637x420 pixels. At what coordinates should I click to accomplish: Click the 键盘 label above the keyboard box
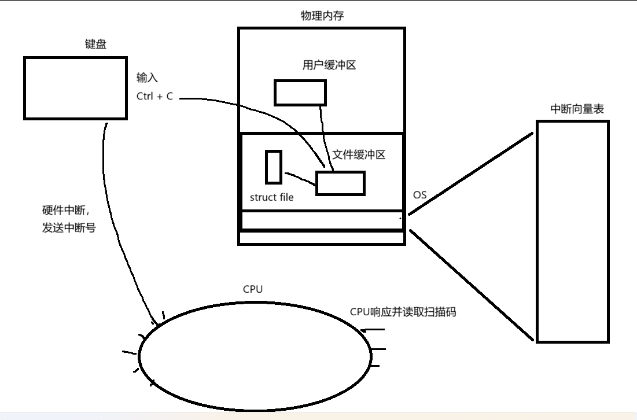click(x=95, y=45)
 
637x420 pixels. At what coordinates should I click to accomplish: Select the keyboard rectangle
click(x=75, y=88)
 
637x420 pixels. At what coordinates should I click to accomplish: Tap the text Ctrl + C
click(x=154, y=97)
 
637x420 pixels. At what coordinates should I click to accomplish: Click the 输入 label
click(x=147, y=78)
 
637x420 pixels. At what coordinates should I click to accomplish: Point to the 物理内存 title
click(x=322, y=16)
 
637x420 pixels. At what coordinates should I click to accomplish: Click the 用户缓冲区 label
click(x=329, y=65)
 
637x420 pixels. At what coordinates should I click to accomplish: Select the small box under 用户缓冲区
click(x=300, y=93)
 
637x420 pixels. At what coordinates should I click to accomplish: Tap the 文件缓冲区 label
click(x=359, y=155)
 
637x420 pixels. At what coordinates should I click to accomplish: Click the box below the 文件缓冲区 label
click(x=340, y=183)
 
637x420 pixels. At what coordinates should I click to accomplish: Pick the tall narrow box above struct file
click(x=274, y=167)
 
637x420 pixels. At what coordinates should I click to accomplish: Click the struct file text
click(x=271, y=197)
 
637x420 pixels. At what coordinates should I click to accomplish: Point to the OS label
click(x=420, y=195)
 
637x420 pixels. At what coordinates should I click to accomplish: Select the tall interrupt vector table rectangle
click(x=572, y=231)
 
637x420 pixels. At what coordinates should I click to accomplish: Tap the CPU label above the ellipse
click(x=253, y=289)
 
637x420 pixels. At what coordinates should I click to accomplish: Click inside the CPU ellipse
click(x=255, y=354)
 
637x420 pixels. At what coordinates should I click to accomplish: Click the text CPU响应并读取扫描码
click(x=403, y=312)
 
